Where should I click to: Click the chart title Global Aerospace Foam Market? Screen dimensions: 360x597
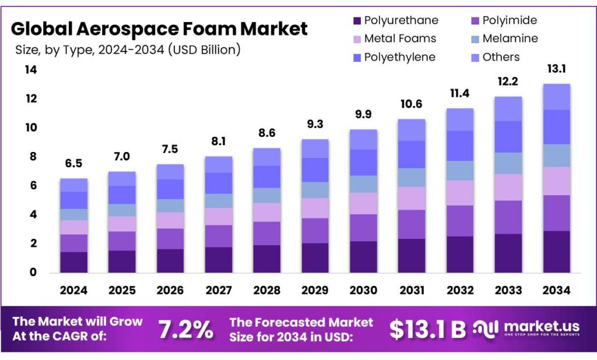tap(159, 28)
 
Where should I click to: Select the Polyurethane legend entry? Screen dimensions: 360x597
tap(401, 21)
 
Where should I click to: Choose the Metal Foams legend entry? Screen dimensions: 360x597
tap(400, 39)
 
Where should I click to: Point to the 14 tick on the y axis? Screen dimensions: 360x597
tap(31, 70)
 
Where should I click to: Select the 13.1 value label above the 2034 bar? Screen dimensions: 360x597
tap(556, 69)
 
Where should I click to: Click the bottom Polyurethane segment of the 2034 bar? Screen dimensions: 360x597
tap(556, 252)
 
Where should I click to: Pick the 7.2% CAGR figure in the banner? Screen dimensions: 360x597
tap(186, 330)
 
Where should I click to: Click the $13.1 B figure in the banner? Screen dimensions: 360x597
tap(427, 330)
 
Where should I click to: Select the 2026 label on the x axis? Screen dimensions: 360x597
tap(170, 290)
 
